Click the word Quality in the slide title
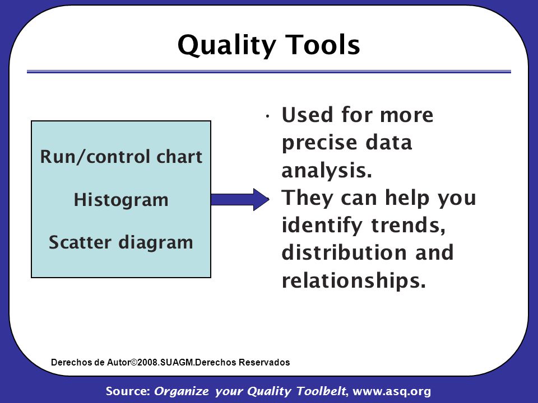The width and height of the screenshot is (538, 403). click(x=227, y=45)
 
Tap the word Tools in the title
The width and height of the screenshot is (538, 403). click(x=323, y=45)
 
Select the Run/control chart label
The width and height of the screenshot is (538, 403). click(x=121, y=157)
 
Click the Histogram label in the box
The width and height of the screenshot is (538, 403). click(x=121, y=200)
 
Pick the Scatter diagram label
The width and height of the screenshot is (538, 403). click(x=121, y=242)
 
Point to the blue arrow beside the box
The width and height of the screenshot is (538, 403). click(x=240, y=199)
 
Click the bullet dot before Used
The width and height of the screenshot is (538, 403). click(x=268, y=117)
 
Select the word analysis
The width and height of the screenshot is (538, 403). click(x=327, y=170)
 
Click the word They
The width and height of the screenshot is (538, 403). click(x=308, y=198)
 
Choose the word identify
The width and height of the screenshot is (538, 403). click(x=322, y=226)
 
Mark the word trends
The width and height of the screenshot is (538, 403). click(x=409, y=225)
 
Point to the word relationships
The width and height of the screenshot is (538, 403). click(x=354, y=280)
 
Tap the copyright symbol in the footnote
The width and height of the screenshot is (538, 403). click(x=134, y=362)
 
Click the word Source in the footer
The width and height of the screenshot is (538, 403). click(x=128, y=391)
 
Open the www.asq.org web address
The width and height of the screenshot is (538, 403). click(x=392, y=391)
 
